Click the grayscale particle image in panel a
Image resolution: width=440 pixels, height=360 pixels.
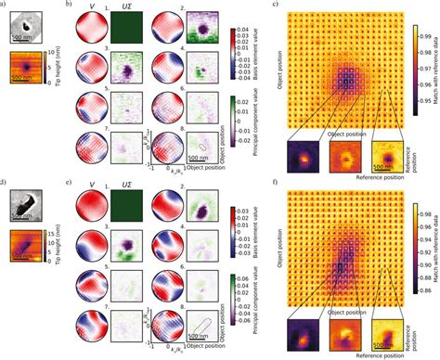point(25,27)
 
